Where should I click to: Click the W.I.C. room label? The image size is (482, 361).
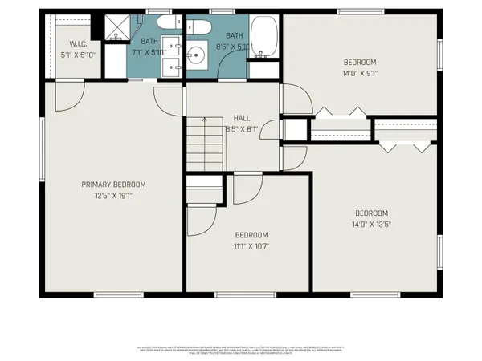pos(78,44)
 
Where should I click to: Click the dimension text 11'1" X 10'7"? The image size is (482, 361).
pos(251,246)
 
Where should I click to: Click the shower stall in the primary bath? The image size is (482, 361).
pos(117,27)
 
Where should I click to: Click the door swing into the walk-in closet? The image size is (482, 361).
pos(68,97)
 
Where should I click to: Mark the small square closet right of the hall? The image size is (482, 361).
pos(294,129)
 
